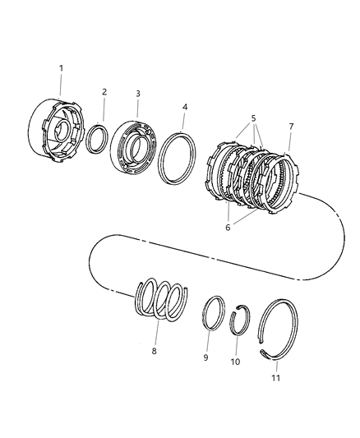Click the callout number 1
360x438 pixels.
[x=61, y=68]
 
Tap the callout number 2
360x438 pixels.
[x=104, y=92]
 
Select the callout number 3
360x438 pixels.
[x=138, y=94]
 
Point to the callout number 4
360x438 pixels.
[x=185, y=108]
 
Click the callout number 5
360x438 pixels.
[x=253, y=118]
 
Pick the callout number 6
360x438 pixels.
[x=228, y=228]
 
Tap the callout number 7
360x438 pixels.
[x=291, y=127]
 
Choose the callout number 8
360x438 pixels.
[x=155, y=351]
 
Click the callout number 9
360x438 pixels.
[x=205, y=357]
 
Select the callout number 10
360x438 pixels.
[x=235, y=362]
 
